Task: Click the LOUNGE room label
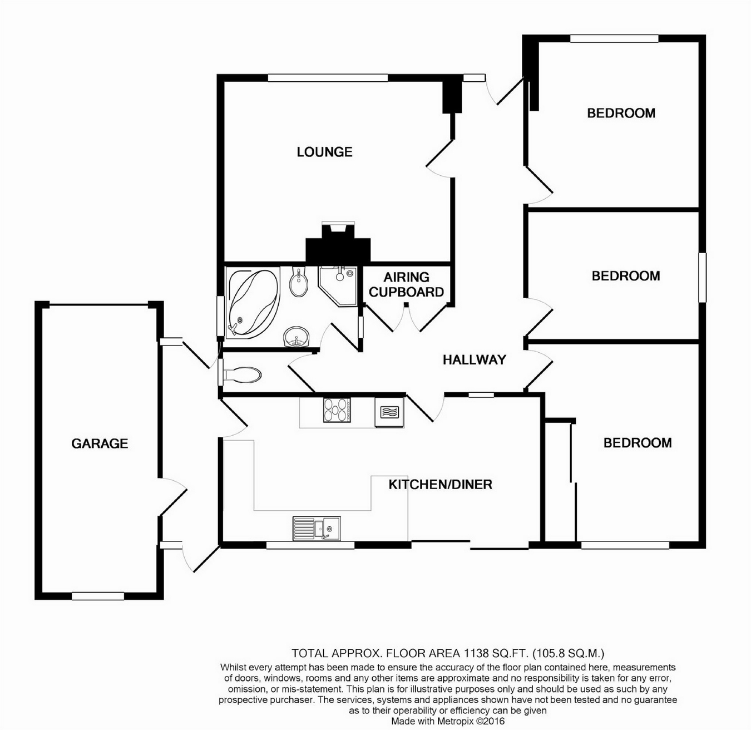(324, 152)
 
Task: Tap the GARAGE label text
(100, 443)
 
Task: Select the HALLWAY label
(475, 360)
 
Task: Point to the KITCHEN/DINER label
(441, 485)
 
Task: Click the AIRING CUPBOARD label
(406, 284)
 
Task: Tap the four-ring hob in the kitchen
(337, 410)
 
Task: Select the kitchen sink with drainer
(317, 529)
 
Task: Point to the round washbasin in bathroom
(296, 337)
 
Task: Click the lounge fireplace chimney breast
(338, 244)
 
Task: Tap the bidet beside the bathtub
(299, 282)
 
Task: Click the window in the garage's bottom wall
(98, 596)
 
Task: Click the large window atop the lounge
(328, 78)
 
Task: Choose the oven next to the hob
(389, 412)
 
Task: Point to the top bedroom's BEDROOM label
(621, 113)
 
